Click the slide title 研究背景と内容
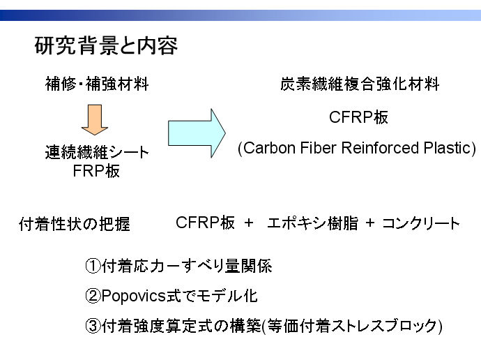(106, 47)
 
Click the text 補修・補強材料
(97, 86)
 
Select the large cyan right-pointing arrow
(197, 131)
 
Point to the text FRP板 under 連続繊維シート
(97, 172)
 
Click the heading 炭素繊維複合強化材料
(360, 86)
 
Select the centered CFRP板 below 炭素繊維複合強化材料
(359, 117)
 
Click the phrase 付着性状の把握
(74, 225)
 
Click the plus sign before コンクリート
(370, 224)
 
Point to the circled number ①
(93, 267)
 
